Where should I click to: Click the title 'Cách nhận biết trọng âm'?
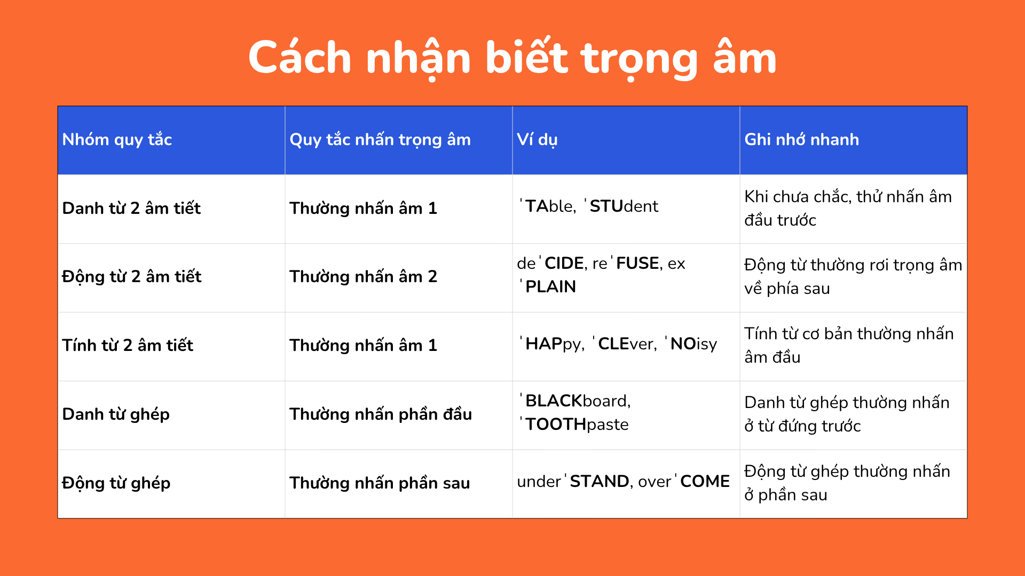512,59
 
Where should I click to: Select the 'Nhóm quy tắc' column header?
117,140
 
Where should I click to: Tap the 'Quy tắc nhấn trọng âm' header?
380,140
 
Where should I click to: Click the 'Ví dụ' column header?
537,140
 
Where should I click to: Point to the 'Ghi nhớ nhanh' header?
802,140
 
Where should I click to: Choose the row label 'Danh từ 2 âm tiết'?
131,208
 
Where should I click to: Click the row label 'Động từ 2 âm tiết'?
132,276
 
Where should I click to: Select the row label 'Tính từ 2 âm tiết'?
128,345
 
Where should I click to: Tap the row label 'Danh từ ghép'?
116,414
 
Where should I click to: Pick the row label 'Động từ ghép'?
116,483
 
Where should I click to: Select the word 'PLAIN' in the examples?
550,287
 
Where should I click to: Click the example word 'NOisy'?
692,344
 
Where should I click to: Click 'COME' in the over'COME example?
705,482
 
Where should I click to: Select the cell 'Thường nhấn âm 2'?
363,276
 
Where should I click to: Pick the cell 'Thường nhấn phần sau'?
380,483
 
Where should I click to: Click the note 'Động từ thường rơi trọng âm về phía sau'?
853,276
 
